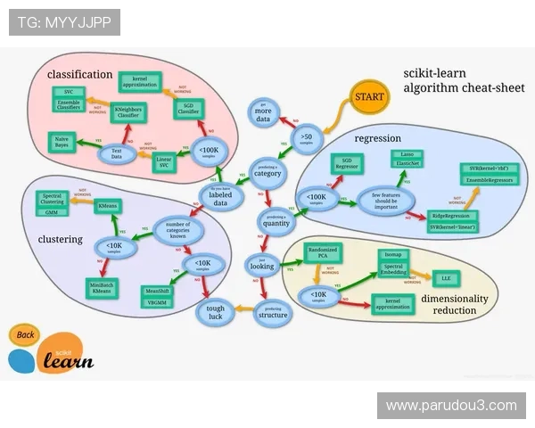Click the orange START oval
[368, 95]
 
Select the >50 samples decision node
[306, 138]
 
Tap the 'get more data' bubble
[263, 113]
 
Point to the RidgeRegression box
[451, 216]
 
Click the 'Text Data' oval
[117, 154]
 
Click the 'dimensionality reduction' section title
[455, 304]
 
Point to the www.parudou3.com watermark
[450, 406]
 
